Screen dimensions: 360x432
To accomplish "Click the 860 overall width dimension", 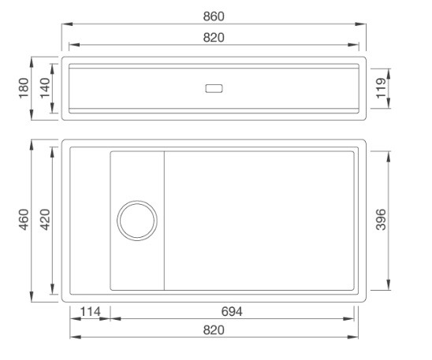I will click(x=213, y=16).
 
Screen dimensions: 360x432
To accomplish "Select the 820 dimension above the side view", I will click(x=213, y=39).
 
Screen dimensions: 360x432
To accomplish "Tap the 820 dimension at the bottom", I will click(x=213, y=331).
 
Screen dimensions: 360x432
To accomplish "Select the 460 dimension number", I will click(x=24, y=221).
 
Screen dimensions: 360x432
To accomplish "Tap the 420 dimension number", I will click(x=46, y=221).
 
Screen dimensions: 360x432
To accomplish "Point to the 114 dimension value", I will click(x=90, y=312).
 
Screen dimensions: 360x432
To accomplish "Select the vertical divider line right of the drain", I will click(x=164, y=220).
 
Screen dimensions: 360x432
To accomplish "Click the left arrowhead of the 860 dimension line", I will click(x=65, y=24).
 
